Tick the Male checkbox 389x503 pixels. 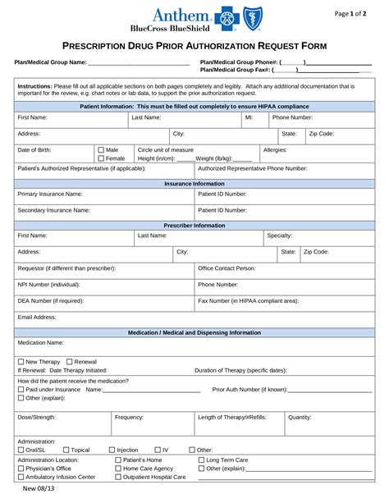tap(101, 150)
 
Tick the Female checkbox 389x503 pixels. tap(101, 158)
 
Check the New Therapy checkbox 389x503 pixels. tap(21, 361)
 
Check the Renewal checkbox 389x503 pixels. tap(69, 361)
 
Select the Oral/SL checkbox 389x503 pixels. tap(21, 450)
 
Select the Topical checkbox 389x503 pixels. tap(66, 450)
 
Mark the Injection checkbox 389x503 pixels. tap(112, 450)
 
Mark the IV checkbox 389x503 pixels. tap(158, 450)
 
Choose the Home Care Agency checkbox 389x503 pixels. tap(118, 469)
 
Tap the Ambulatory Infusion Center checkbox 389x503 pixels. tap(21, 477)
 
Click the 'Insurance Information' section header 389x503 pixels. tap(194, 184)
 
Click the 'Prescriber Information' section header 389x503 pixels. tap(194, 225)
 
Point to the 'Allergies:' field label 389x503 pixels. tap(275, 150)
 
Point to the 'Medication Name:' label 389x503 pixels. tap(40, 342)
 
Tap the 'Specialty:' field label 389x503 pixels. tap(280, 235)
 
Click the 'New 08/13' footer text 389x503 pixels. tap(39, 490)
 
